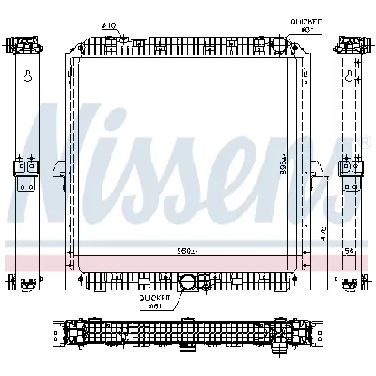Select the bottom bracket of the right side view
click(351, 278)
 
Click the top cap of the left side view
click(24, 45)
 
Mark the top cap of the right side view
click(351, 45)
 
